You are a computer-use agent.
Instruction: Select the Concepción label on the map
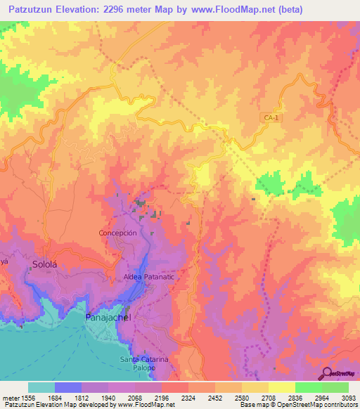[117, 233]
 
